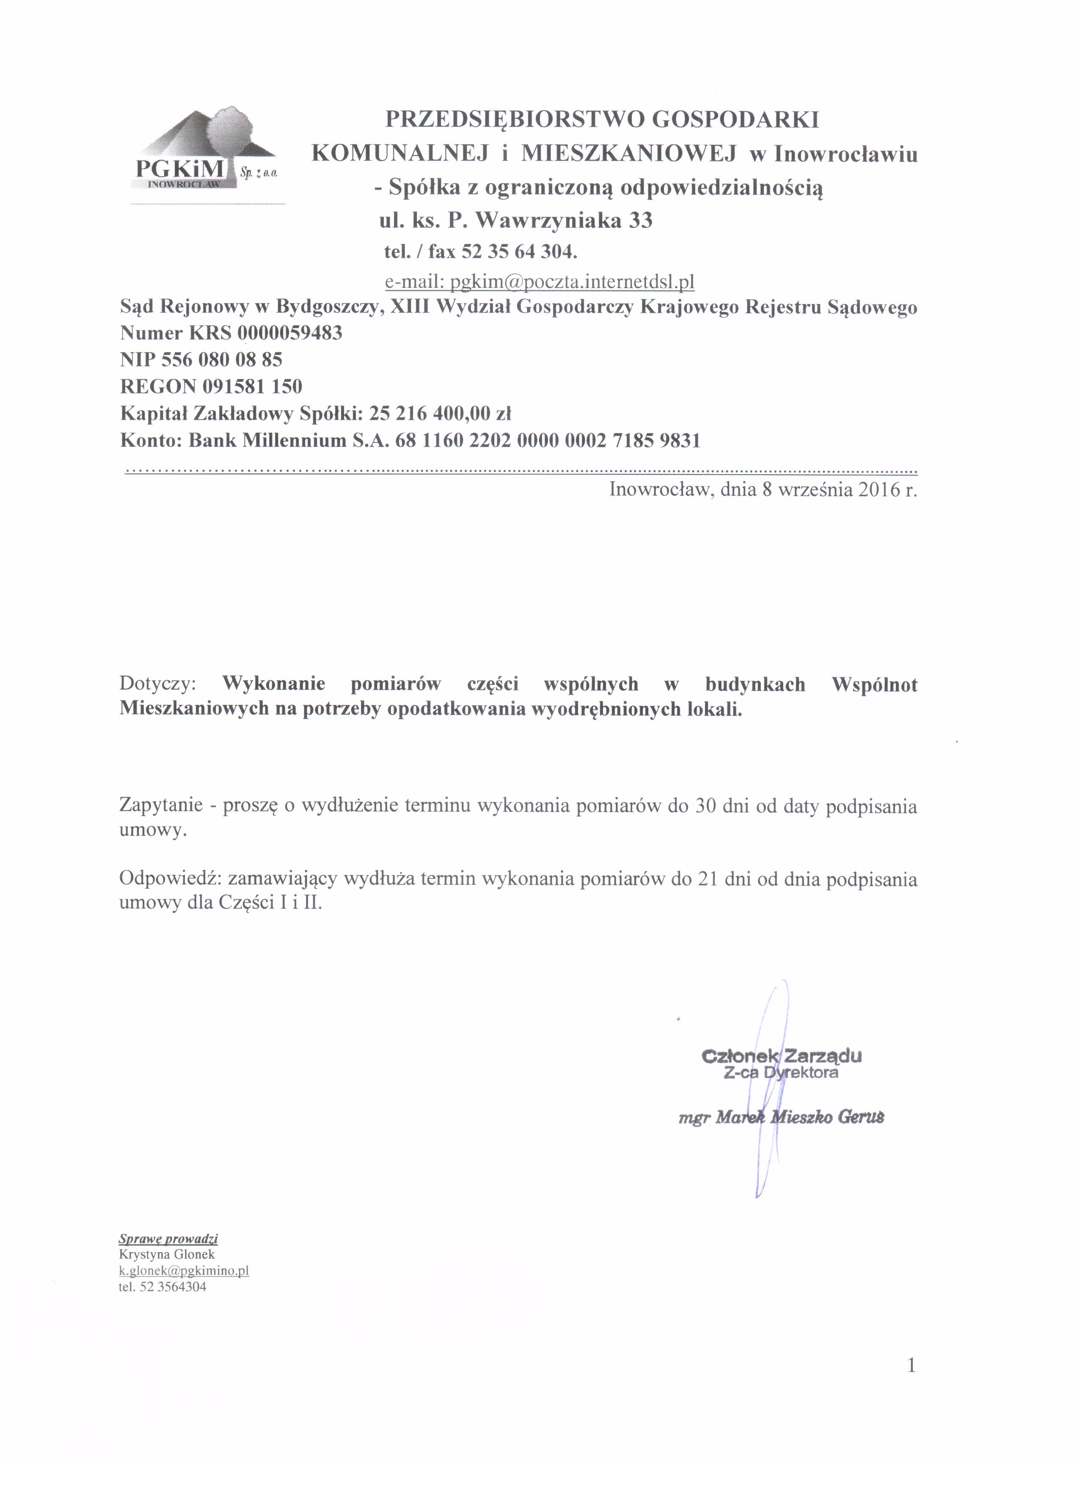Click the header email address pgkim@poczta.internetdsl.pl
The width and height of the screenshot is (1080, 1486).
tap(539, 282)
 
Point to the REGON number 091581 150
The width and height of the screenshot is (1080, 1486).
tap(252, 386)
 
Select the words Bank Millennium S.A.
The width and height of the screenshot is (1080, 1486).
tap(289, 440)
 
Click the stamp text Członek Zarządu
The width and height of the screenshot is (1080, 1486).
tap(781, 1055)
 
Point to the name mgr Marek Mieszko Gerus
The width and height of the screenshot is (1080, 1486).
tap(781, 1117)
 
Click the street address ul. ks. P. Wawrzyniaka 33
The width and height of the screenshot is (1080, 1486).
tap(516, 220)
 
